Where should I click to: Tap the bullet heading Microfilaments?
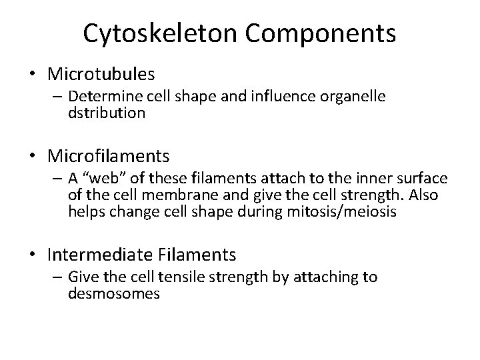pyautogui.click(x=109, y=157)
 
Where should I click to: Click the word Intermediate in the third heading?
pyautogui.click(x=94, y=254)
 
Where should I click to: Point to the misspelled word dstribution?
pyautogui.click(x=106, y=113)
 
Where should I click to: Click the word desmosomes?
pyautogui.click(x=113, y=293)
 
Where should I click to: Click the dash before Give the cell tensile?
pyautogui.click(x=55, y=278)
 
